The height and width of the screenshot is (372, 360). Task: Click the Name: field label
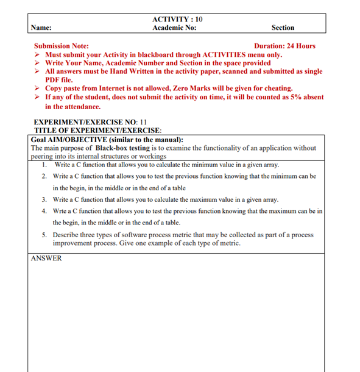(41, 28)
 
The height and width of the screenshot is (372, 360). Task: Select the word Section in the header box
(283, 28)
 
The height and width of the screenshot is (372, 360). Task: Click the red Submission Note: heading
(62, 46)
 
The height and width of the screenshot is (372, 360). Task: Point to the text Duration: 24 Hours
(284, 46)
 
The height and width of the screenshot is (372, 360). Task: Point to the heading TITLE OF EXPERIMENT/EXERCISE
(97, 131)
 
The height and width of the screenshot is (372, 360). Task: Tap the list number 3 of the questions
(44, 199)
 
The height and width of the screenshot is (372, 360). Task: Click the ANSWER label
(46, 259)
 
